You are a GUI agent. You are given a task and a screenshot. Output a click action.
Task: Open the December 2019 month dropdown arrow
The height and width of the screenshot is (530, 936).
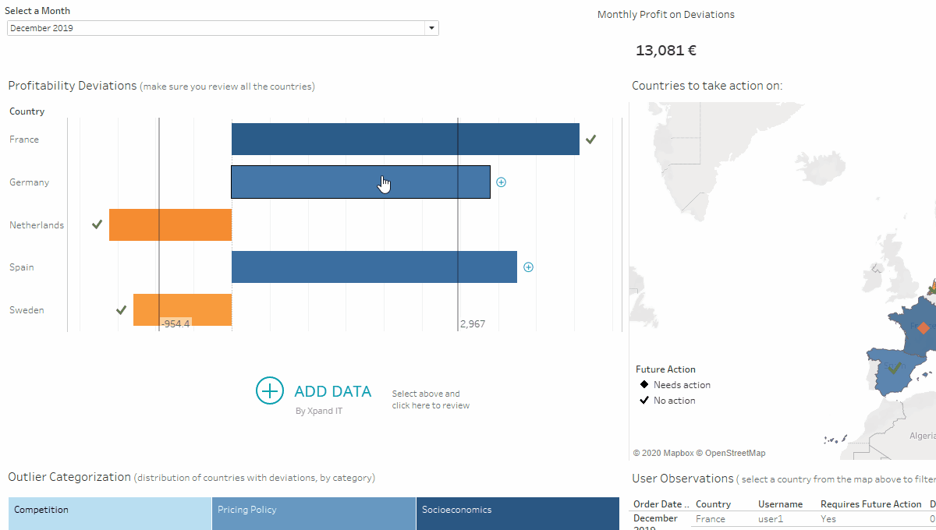(431, 28)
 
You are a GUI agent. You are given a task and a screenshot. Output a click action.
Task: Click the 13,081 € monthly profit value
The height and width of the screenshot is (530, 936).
(665, 51)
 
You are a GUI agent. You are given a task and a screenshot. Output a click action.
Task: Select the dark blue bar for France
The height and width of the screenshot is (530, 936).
(405, 139)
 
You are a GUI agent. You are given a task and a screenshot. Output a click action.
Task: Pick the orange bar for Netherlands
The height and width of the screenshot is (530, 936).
(170, 224)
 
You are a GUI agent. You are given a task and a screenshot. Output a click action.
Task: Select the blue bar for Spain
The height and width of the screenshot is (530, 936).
(374, 267)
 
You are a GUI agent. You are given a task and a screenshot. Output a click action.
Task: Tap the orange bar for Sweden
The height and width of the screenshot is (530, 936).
(183, 309)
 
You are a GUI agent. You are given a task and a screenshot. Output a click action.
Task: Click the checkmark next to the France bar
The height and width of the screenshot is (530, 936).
(591, 139)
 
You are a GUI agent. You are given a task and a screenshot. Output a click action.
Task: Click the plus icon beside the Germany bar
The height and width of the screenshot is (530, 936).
(502, 182)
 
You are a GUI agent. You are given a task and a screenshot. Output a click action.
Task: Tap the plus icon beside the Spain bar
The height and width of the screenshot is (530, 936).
(528, 267)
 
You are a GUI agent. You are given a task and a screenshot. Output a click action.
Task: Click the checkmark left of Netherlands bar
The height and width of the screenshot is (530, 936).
(97, 224)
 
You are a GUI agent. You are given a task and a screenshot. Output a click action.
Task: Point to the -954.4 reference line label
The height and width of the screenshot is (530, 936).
(175, 323)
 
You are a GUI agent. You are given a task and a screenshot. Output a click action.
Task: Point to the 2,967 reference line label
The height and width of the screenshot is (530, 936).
(472, 323)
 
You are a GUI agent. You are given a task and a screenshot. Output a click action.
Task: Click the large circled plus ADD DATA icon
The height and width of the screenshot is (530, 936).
(270, 391)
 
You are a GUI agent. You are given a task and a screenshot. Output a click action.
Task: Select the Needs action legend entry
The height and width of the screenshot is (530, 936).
(675, 384)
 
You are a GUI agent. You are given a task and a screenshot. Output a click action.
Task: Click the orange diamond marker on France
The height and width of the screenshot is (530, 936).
(924, 328)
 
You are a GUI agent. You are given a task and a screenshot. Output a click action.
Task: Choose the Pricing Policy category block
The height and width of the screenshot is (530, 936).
(314, 511)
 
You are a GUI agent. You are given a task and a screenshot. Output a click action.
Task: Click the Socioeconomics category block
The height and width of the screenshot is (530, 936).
(517, 511)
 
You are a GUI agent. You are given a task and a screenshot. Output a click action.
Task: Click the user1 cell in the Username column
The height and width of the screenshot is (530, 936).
(770, 518)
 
